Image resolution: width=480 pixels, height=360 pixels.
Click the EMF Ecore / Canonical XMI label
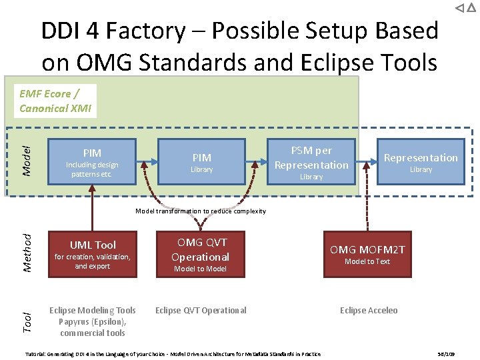pos(55,101)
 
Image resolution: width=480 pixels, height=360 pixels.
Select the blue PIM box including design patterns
pos(92,161)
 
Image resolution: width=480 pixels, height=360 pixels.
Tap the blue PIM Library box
pos(201,161)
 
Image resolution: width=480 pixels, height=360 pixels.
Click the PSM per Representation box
pos(311,161)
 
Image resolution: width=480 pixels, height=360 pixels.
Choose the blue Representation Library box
pos(421,161)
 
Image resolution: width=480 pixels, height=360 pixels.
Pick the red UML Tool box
pos(93,253)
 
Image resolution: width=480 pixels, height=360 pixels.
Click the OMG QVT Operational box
pos(200,253)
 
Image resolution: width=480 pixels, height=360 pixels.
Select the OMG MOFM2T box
pos(368,253)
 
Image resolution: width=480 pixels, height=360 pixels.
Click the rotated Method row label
pos(27,253)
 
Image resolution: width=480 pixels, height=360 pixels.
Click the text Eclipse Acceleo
pos(369,310)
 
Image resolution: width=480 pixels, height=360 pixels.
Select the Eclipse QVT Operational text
pos(201,310)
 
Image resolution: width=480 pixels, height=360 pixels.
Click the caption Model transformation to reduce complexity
pos(201,211)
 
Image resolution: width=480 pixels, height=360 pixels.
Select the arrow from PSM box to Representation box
pos(365,161)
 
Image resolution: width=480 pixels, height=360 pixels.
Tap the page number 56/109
pos(445,354)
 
